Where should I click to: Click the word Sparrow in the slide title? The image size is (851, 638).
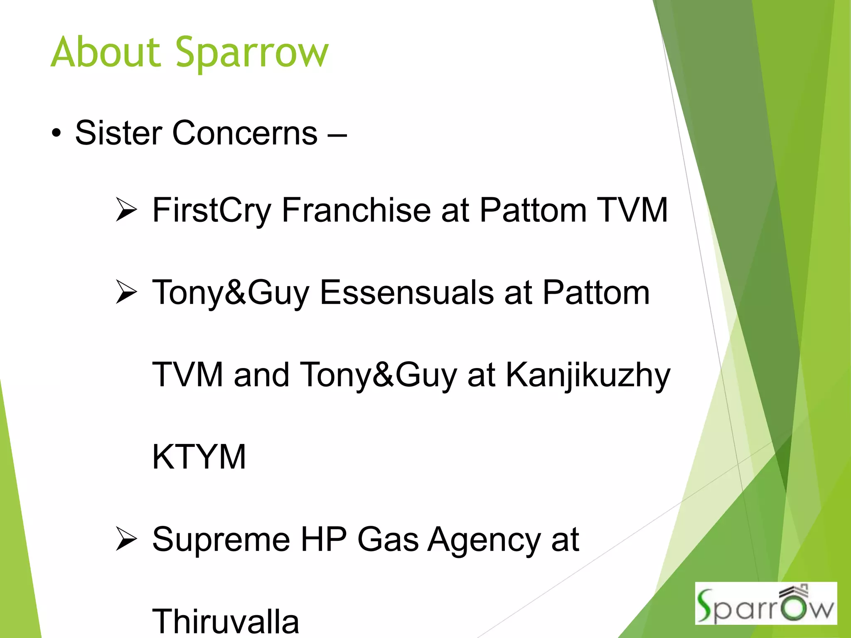click(x=252, y=54)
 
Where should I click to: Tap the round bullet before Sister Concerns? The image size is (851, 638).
click(x=57, y=134)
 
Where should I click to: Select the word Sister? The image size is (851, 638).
click(x=118, y=133)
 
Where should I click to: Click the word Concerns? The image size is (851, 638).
click(x=245, y=133)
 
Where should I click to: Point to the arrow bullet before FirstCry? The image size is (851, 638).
click(x=126, y=210)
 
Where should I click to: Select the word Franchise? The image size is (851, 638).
click(x=356, y=210)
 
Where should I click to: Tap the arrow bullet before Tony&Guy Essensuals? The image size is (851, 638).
click(x=126, y=292)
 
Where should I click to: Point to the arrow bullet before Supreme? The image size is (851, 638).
click(x=126, y=539)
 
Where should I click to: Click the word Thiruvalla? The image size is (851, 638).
click(x=226, y=621)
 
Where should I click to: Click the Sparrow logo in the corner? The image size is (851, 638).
click(x=765, y=604)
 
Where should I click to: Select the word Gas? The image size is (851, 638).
click(x=388, y=539)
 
